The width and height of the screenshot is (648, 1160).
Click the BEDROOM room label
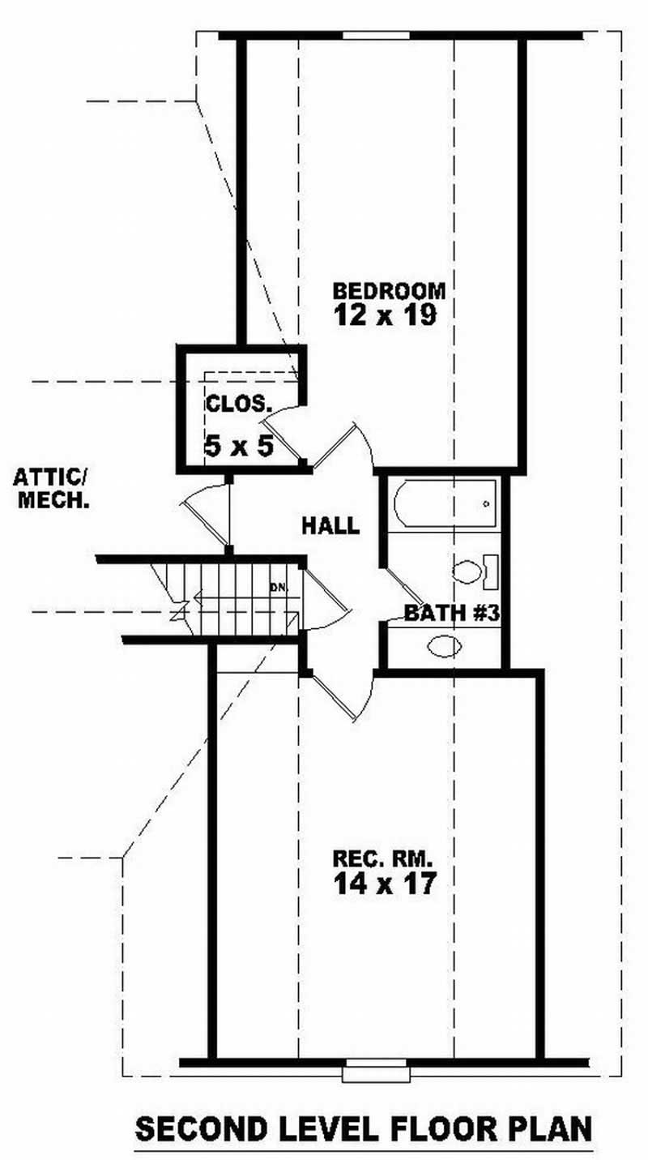pyautogui.click(x=390, y=289)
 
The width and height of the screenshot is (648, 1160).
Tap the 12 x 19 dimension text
pyautogui.click(x=386, y=315)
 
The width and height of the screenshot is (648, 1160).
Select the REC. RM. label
pyautogui.click(x=385, y=857)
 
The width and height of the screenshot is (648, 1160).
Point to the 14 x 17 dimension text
pyautogui.click(x=385, y=882)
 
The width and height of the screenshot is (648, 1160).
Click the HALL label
pyautogui.click(x=330, y=525)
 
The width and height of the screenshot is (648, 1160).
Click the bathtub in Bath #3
pyautogui.click(x=443, y=504)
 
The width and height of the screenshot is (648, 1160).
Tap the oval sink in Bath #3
pyautogui.click(x=444, y=646)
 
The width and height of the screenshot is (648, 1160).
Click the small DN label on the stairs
pyautogui.click(x=277, y=584)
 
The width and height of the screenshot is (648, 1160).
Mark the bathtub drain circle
pyautogui.click(x=486, y=504)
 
